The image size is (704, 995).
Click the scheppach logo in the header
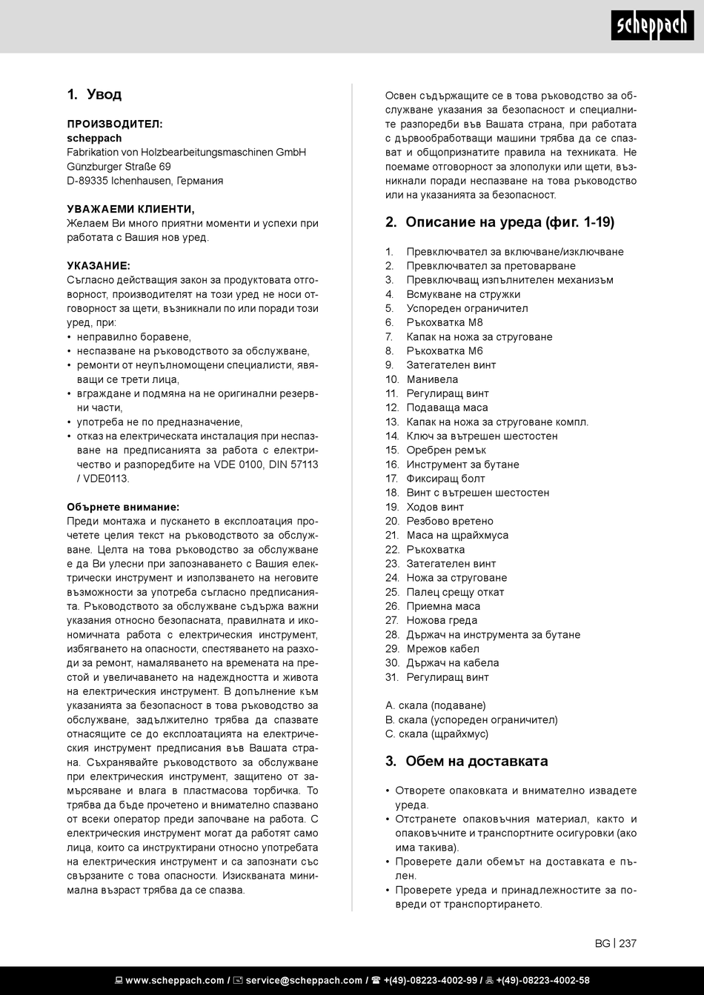(652, 27)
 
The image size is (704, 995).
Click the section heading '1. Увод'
(94, 95)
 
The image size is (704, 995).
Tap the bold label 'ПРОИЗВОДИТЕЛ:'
(114, 124)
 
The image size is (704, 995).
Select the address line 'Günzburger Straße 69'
(119, 166)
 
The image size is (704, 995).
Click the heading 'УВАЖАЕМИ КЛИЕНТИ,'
(130, 209)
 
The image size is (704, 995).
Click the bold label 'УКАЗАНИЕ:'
(98, 265)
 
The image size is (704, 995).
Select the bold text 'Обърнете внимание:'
(123, 507)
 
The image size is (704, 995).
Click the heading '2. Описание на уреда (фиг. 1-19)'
(499, 222)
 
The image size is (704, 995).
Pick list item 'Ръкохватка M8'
(444, 322)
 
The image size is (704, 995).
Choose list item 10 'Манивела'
(432, 379)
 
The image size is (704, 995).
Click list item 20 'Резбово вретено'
(450, 521)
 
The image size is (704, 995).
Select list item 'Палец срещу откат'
(455, 592)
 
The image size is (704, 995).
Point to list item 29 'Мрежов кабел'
(442, 648)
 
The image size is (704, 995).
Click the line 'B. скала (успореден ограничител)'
(471, 719)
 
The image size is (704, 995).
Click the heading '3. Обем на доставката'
(466, 762)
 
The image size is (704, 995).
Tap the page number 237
(628, 943)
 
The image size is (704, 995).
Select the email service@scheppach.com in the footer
(304, 980)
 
